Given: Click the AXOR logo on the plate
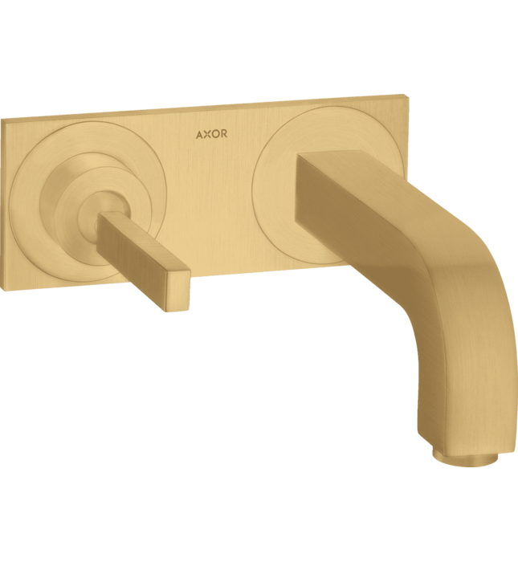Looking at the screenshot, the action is tap(211, 134).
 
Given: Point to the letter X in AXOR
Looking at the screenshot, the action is tap(207, 134).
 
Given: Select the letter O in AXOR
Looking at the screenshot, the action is tap(215, 134).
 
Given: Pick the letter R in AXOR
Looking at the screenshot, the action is tap(224, 134).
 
